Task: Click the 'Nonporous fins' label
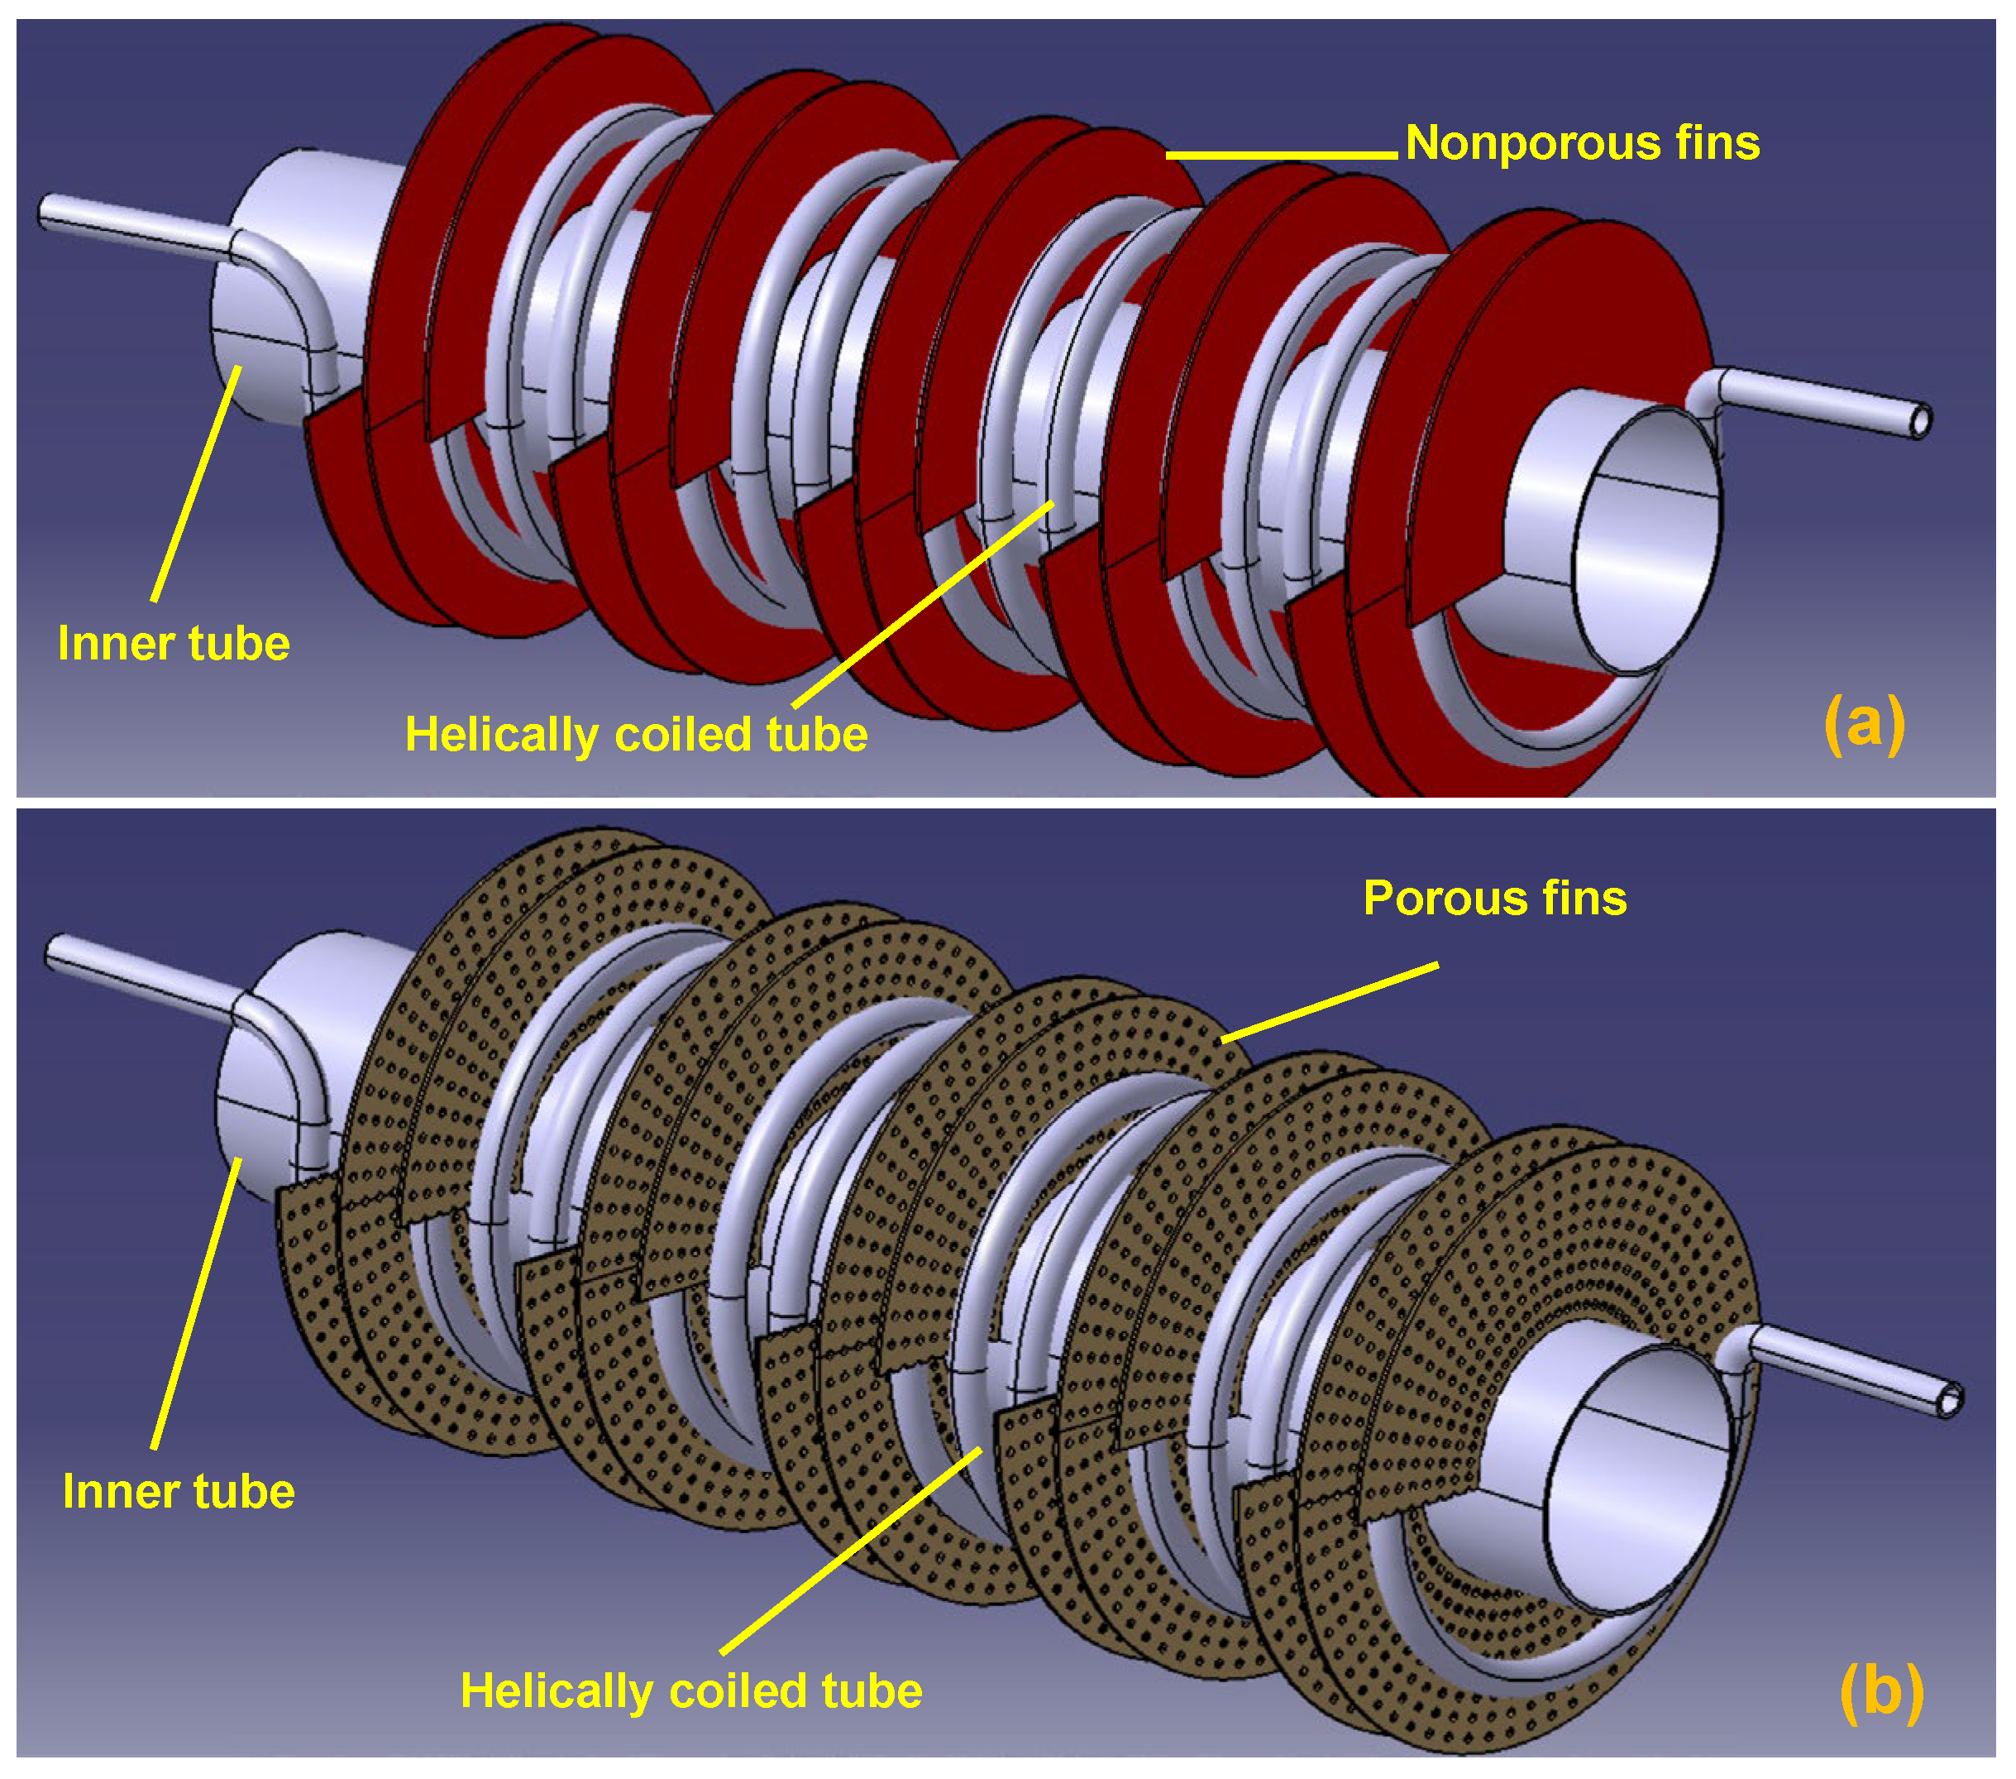click(x=1581, y=143)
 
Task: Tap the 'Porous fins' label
click(x=1493, y=899)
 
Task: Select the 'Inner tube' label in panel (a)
click(x=174, y=643)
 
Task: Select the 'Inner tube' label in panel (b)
click(x=179, y=1491)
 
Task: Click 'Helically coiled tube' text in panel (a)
click(x=636, y=734)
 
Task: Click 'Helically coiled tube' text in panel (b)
click(x=690, y=1690)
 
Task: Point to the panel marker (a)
click(x=1863, y=723)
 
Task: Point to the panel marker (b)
click(x=1881, y=1691)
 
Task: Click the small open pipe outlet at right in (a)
click(x=1919, y=422)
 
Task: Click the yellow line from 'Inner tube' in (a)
click(x=196, y=482)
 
